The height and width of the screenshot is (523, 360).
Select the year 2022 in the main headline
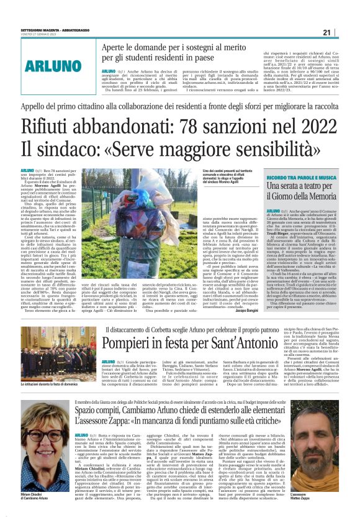pyautogui.click(x=315, y=126)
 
